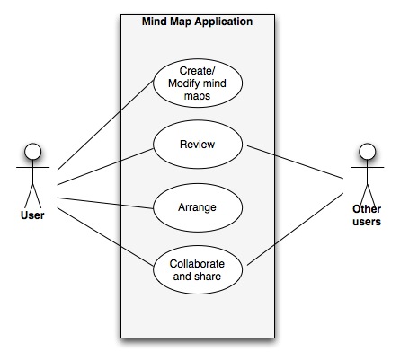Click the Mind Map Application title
coord(197,22)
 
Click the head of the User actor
coord(33,152)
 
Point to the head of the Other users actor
coord(368,152)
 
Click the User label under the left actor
coord(32,215)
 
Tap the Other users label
coord(367,215)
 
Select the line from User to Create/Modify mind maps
coord(105,126)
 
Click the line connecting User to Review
coord(105,167)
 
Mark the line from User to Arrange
coord(105,203)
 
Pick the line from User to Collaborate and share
coord(105,236)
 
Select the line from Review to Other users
coord(295,162)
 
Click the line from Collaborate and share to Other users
coord(295,229)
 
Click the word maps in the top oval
coord(197,96)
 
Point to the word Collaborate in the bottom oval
coord(197,264)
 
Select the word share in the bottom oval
coord(208,277)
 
